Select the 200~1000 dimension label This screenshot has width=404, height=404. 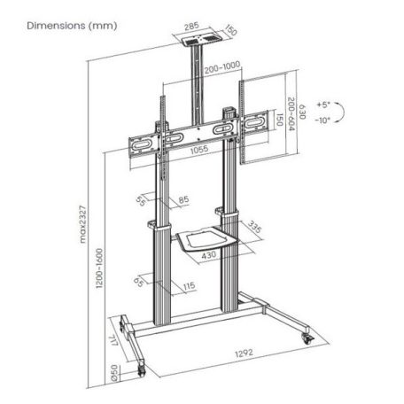tap(216, 67)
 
